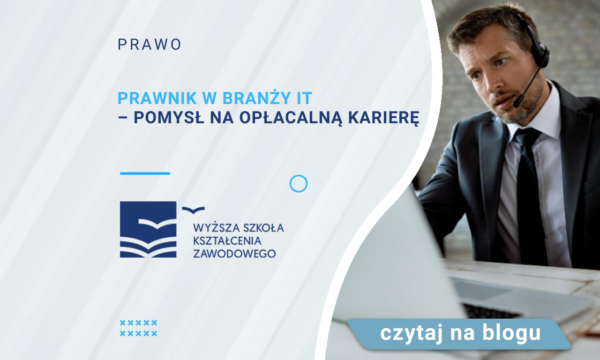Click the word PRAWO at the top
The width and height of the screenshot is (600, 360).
pyautogui.click(x=150, y=45)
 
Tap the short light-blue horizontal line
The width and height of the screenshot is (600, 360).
pyautogui.click(x=145, y=173)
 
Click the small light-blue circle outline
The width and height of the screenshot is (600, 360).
pyautogui.click(x=299, y=184)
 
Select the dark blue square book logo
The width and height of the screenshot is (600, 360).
pyautogui.click(x=148, y=229)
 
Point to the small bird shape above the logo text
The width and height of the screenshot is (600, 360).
pyautogui.click(x=193, y=210)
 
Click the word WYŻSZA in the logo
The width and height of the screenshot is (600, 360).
pyautogui.click(x=215, y=228)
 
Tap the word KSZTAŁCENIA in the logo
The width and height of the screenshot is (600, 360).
pyautogui.click(x=227, y=241)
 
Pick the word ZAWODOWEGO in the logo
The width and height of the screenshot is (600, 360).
pyautogui.click(x=234, y=254)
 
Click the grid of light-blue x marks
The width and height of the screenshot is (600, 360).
pyautogui.click(x=138, y=328)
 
